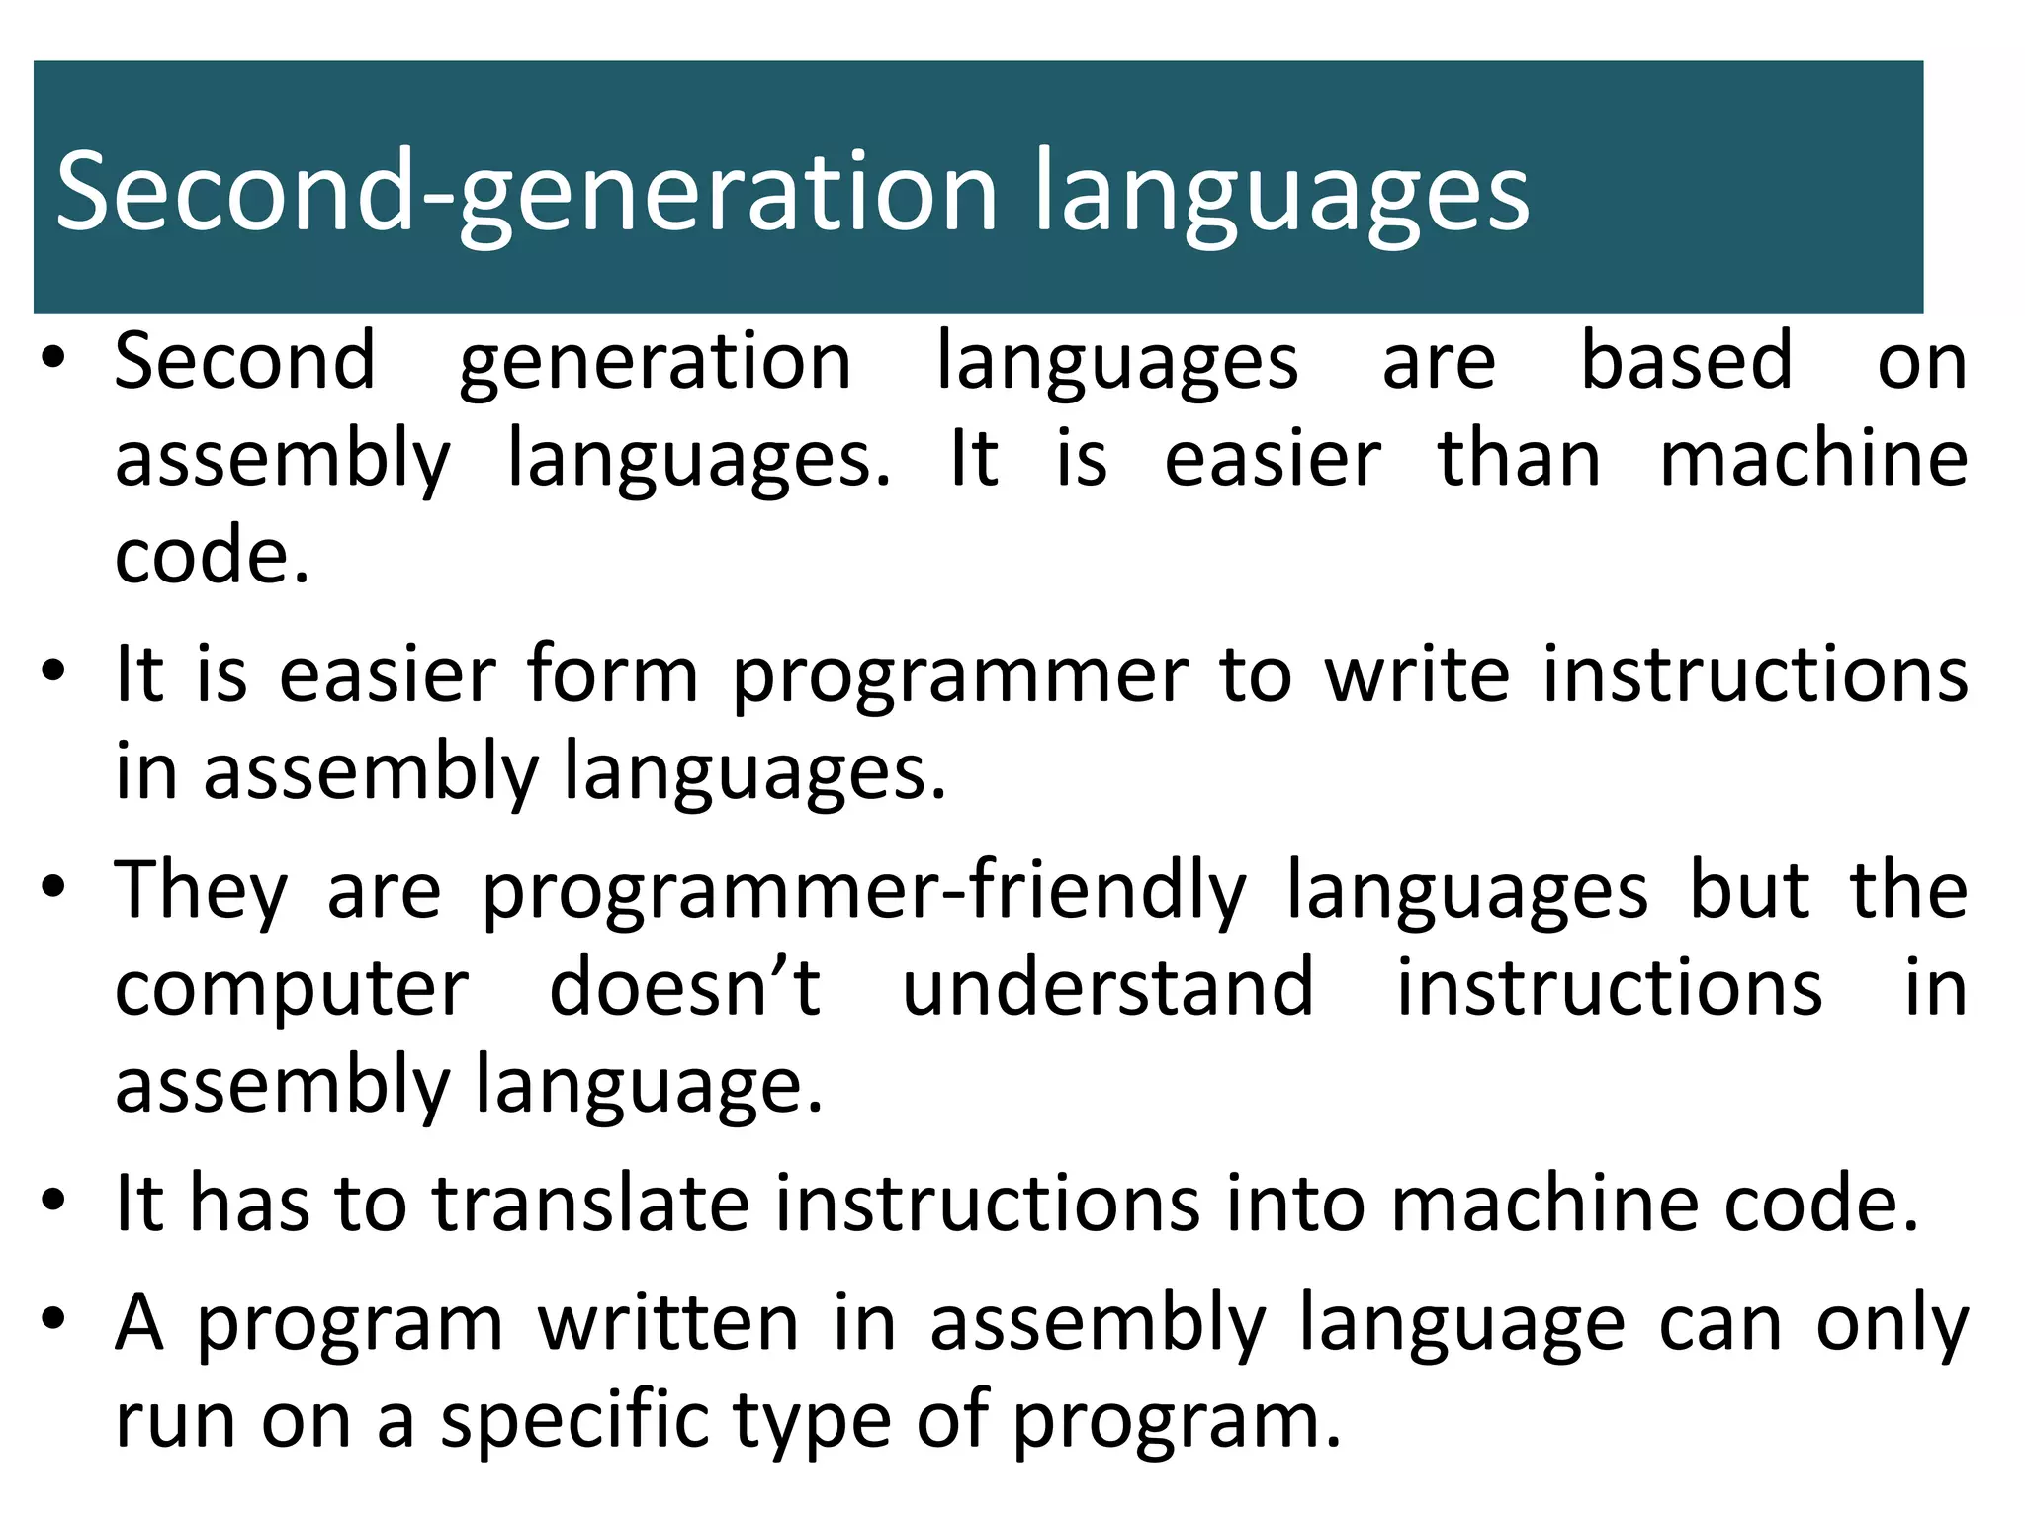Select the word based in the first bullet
point(1686,361)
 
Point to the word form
point(612,674)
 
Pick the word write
point(1417,674)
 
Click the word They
point(201,891)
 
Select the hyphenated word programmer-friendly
point(864,891)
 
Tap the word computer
point(292,988)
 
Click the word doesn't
point(684,988)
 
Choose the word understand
point(1108,988)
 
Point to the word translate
point(591,1204)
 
